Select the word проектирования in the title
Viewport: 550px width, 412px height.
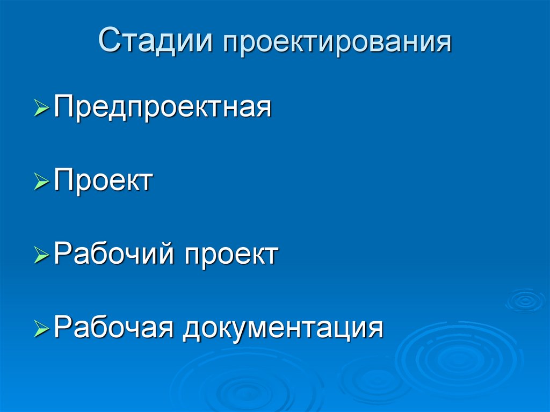[x=337, y=44]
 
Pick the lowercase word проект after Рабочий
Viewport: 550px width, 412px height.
[x=231, y=254]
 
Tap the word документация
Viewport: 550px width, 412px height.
[x=283, y=328]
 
